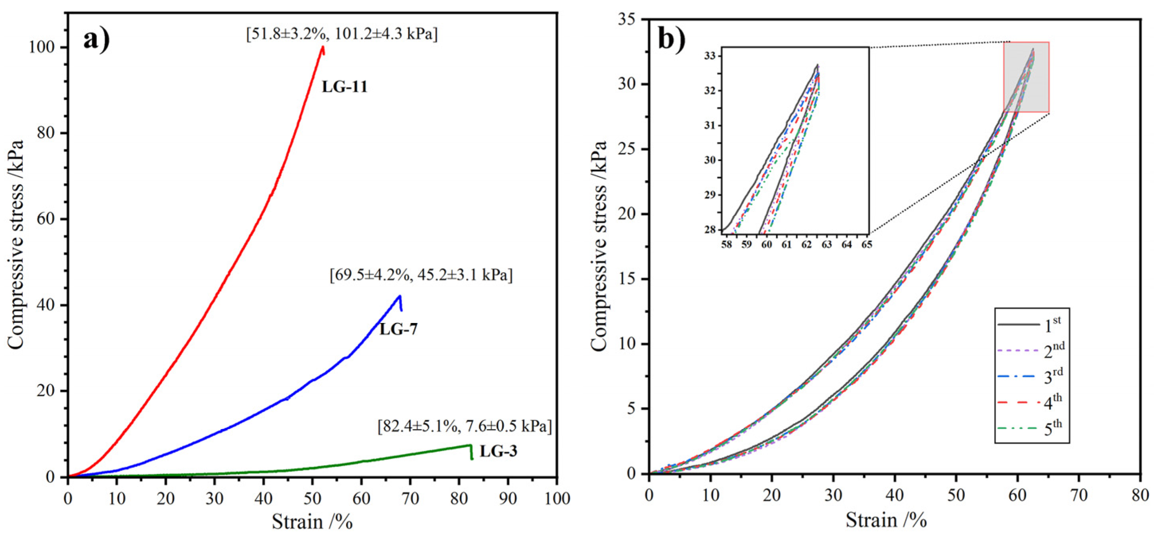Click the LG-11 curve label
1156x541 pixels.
point(344,87)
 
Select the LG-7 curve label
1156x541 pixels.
point(398,329)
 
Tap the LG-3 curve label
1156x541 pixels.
point(498,451)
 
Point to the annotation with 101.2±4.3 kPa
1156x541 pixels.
point(342,34)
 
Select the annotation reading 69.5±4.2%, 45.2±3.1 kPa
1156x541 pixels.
point(421,275)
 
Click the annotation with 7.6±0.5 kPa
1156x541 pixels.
point(465,426)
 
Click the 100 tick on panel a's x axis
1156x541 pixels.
point(557,498)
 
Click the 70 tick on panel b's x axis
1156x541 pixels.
point(1079,495)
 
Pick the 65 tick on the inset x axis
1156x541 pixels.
point(867,245)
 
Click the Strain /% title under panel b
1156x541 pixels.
point(886,520)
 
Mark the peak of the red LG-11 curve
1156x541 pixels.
point(323,47)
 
